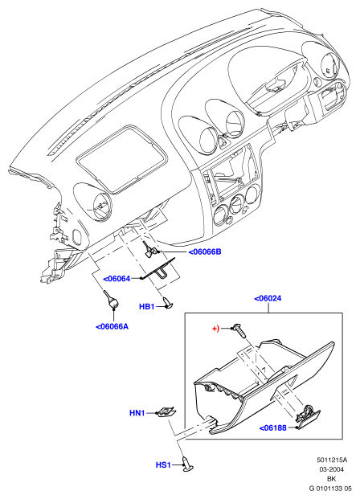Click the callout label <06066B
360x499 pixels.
[x=205, y=252]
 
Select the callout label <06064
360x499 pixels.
[x=117, y=279]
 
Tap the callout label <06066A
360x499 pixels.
[x=112, y=326]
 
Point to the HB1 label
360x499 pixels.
[x=147, y=307]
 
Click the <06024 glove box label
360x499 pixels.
[x=268, y=298]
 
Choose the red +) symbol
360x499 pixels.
[x=216, y=329]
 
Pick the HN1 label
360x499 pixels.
[x=137, y=413]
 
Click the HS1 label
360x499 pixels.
[x=163, y=465]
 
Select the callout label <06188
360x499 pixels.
[x=272, y=428]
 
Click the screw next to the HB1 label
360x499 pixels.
[x=167, y=302]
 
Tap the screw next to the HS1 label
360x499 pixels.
[x=188, y=463]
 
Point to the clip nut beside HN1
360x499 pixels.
[x=167, y=412]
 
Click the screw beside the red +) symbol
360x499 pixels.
[x=239, y=330]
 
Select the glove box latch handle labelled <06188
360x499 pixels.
[x=308, y=417]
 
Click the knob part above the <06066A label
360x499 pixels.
[x=111, y=300]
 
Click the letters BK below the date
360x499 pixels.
[x=332, y=479]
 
